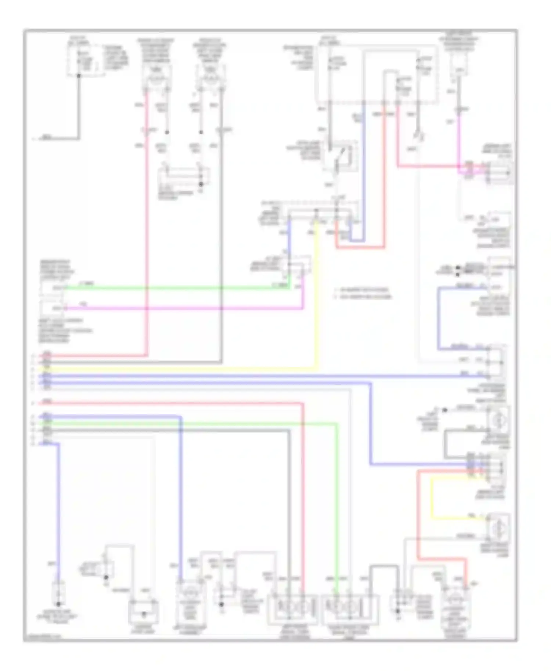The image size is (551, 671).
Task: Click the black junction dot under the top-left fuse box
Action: (x=79, y=76)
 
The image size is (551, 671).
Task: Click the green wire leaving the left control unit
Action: (x=176, y=288)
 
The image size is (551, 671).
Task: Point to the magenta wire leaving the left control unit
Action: (x=184, y=308)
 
